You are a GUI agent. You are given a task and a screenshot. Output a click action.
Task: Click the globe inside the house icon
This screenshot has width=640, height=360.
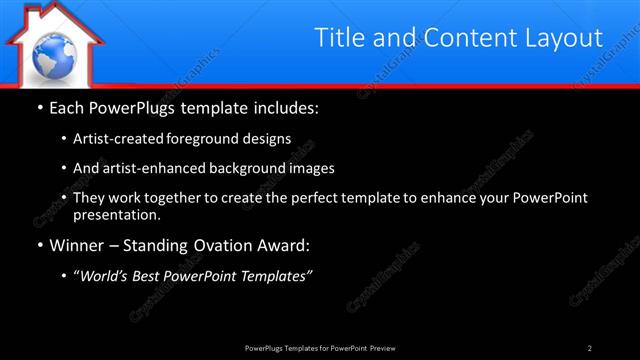pyautogui.click(x=50, y=56)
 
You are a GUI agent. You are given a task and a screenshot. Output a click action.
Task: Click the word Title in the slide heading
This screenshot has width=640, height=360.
pyautogui.click(x=339, y=38)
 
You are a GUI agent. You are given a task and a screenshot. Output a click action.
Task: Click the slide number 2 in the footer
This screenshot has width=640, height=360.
pyautogui.click(x=590, y=347)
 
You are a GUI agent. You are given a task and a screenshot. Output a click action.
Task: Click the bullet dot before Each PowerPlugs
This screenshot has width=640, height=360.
pyautogui.click(x=39, y=106)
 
